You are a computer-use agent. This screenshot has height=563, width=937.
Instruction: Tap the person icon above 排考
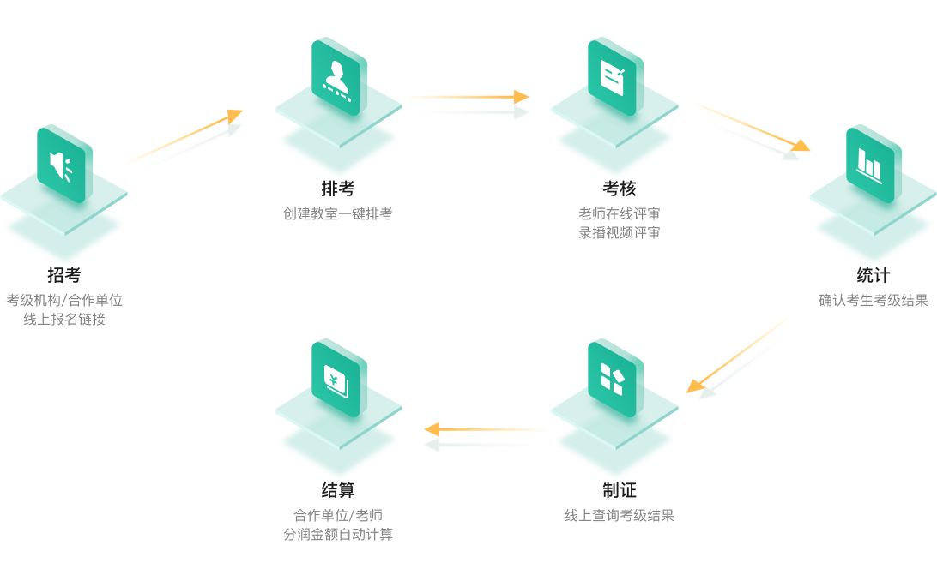(338, 78)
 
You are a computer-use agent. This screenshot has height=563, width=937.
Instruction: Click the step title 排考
(338, 189)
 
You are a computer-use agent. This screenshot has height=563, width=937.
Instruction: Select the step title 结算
(338, 490)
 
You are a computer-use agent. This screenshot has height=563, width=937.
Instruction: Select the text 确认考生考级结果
(874, 301)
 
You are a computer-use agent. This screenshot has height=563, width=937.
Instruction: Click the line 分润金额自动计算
(338, 535)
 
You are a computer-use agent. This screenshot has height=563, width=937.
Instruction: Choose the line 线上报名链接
(64, 320)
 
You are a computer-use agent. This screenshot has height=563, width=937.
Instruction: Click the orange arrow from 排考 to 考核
(466, 97)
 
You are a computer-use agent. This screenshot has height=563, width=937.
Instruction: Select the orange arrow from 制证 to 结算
(487, 429)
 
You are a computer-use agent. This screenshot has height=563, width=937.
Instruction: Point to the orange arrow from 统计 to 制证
(741, 353)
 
